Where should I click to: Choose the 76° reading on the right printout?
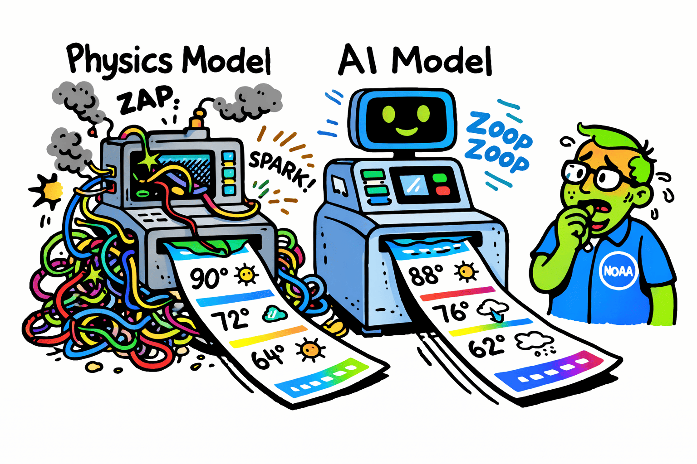(451, 311)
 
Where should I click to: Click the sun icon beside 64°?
(310, 350)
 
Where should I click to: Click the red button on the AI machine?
(443, 190)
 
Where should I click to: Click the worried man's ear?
(641, 199)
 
